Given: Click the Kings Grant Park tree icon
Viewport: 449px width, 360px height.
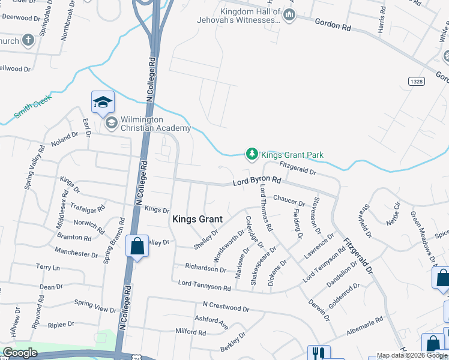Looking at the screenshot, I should (252, 155).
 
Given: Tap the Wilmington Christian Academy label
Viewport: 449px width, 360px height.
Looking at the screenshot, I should (155, 124).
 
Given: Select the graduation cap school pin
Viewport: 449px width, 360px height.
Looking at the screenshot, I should (103, 102).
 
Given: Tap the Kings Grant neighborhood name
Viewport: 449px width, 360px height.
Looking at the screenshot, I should (197, 219).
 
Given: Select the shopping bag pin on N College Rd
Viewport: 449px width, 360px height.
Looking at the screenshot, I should (137, 247).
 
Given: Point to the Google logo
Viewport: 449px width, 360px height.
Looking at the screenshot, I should (20, 353).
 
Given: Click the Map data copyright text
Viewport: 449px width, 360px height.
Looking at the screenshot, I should (412, 356).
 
